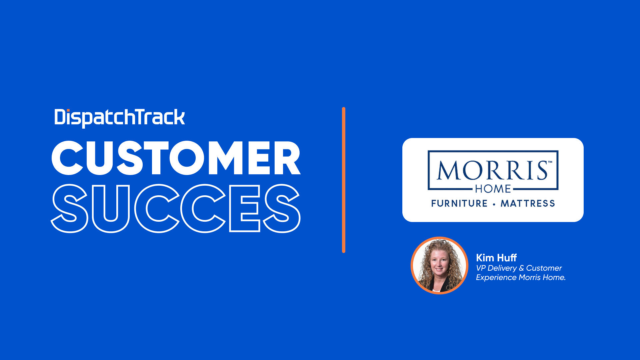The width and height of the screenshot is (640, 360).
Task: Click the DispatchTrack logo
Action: (120, 118)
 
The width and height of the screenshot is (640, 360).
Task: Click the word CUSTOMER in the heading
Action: (176, 158)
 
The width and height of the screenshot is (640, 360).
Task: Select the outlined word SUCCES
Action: (176, 208)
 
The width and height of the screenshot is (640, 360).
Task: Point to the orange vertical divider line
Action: (344, 180)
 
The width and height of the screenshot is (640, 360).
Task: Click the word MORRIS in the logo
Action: (492, 170)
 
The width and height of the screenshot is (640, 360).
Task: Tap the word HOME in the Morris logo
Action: (493, 189)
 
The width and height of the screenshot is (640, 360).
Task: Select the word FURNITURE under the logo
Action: (459, 203)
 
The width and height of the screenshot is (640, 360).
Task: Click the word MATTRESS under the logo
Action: (528, 203)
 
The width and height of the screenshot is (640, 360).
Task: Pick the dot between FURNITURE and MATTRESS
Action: (494, 204)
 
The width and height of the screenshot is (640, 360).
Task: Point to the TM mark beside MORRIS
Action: (550, 162)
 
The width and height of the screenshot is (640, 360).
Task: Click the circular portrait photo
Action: (440, 265)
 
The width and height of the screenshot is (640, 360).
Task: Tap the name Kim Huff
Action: (496, 258)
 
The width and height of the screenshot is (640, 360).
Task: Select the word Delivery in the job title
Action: (502, 268)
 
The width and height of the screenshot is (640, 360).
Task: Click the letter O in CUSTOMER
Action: (189, 158)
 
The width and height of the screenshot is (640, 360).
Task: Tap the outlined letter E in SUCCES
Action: (245, 208)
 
